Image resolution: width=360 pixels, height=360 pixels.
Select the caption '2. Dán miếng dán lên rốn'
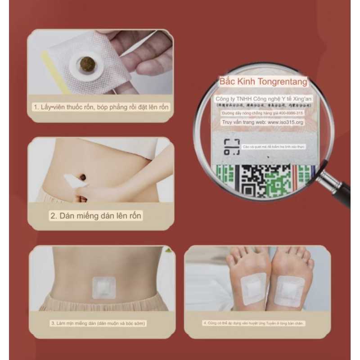(95, 216)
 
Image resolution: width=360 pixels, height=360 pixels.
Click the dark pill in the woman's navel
(84, 177)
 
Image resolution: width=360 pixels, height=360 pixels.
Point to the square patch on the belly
(103, 288)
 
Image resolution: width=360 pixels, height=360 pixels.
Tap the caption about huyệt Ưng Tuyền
(257, 323)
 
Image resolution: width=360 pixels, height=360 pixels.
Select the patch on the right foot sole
(290, 291)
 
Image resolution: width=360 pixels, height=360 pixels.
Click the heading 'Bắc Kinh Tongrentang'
(263, 82)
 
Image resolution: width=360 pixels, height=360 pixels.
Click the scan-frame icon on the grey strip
(231, 147)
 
